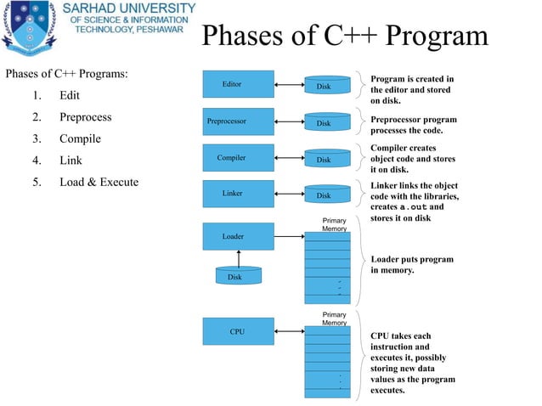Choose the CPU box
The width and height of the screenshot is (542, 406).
pos(238,331)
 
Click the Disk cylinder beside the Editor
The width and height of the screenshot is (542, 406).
pos(324,85)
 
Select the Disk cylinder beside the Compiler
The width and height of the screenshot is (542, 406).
pos(324,159)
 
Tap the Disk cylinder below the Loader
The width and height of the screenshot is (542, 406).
pos(234,276)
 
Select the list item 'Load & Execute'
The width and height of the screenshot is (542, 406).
pos(99,182)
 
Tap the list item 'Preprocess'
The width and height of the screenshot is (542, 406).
pos(85,117)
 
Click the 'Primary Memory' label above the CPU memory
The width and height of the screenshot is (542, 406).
pos(334,319)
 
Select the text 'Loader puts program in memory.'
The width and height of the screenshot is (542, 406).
pos(412,265)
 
